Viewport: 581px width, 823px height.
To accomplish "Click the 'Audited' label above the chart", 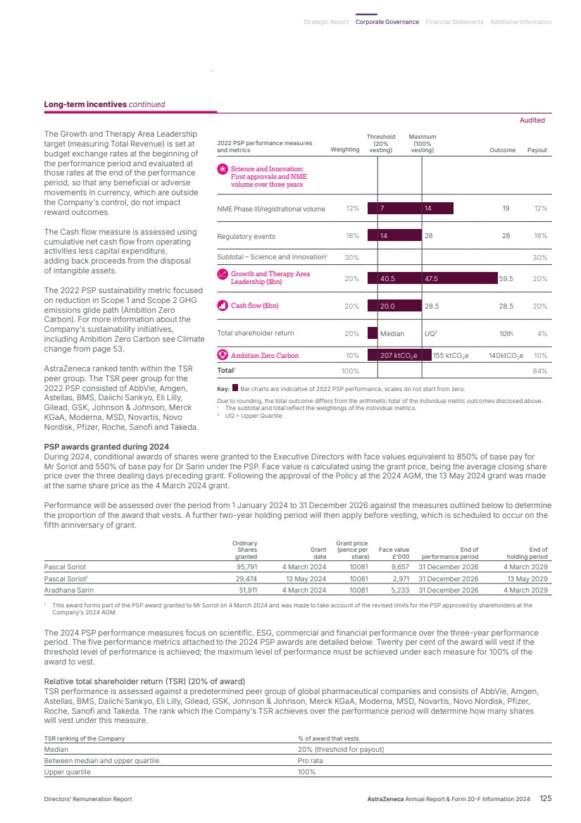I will [532, 120].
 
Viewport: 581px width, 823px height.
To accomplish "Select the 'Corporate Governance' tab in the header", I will [387, 22].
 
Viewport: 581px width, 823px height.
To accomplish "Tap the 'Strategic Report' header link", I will [326, 22].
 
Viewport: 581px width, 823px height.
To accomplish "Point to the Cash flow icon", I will [223, 306].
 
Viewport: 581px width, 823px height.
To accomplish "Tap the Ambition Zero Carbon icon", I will [223, 355].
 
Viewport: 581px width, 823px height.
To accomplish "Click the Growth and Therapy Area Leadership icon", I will [223, 273].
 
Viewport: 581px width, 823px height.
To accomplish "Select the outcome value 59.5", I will [506, 278].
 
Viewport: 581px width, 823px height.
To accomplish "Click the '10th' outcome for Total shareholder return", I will [504, 333].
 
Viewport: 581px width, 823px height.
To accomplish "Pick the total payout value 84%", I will [540, 370].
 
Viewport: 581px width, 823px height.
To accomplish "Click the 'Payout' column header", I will [537, 150].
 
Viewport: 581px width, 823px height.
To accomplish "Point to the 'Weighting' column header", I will [345, 150].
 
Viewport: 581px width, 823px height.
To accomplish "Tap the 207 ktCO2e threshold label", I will [399, 356].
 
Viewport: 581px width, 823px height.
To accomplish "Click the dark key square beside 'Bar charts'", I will [235, 388].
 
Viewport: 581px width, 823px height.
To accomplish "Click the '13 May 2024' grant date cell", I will [306, 578].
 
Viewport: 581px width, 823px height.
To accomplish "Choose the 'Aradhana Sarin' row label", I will [68, 590].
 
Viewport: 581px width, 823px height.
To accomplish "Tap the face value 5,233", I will [399, 590].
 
